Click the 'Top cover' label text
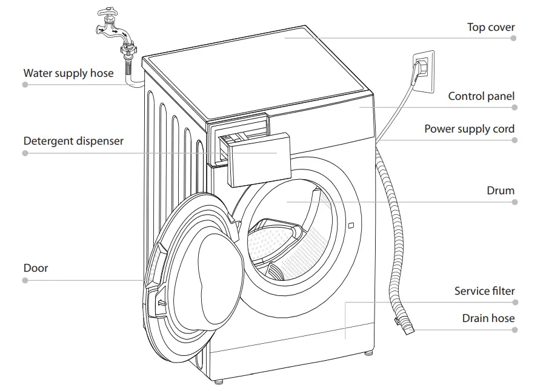(491, 27)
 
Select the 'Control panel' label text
(481, 96)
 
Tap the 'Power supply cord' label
(469, 129)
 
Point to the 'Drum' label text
(501, 191)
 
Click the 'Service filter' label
(484, 291)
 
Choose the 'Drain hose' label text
(488, 318)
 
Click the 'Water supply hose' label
(68, 73)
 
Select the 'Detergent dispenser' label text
(73, 141)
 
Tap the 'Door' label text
(36, 268)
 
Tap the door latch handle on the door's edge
(159, 303)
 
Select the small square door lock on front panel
(351, 226)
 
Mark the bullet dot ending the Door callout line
(25, 280)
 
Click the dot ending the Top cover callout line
(513, 38)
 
